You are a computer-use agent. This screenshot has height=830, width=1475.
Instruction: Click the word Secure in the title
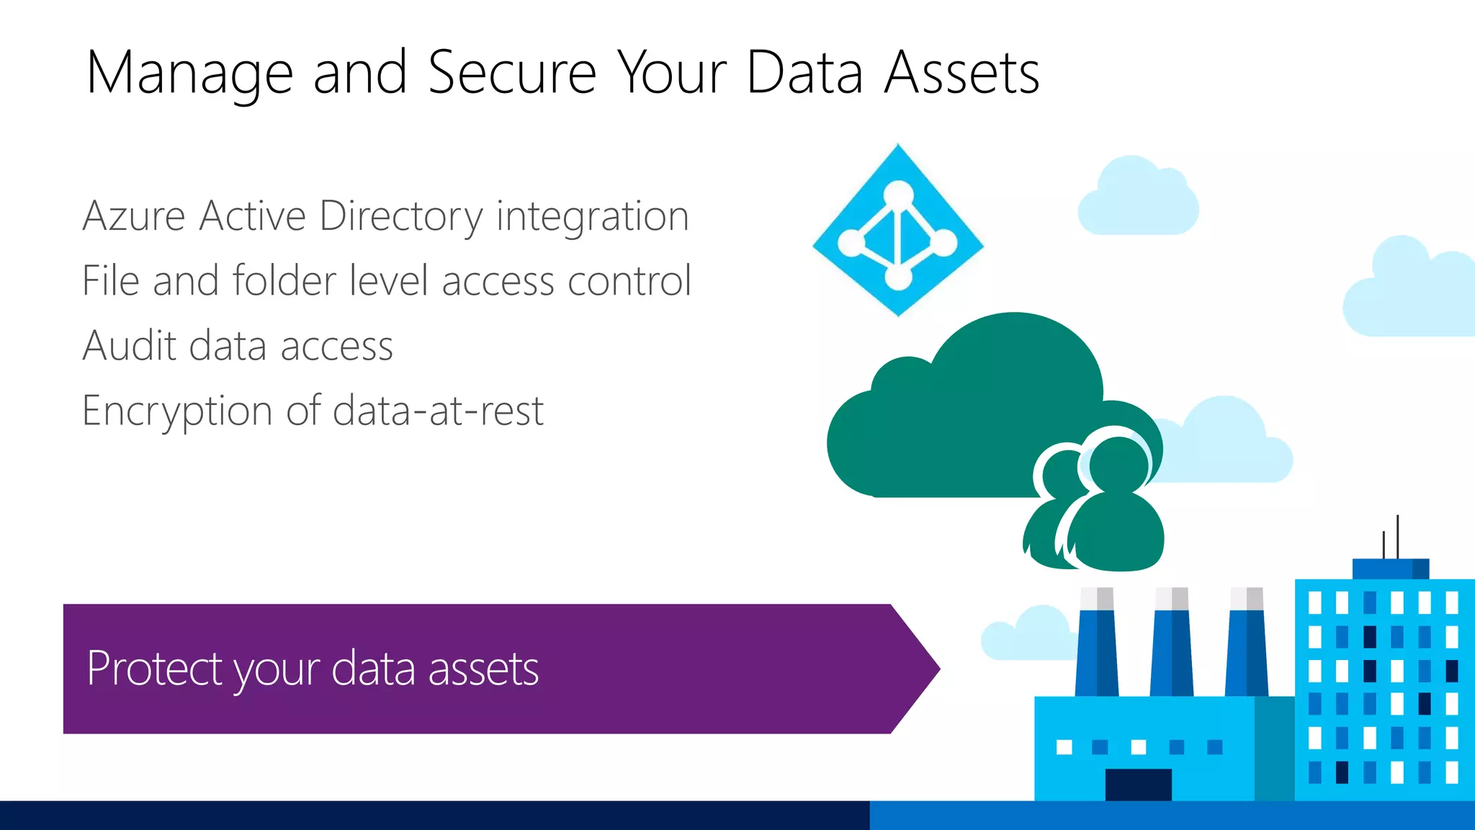(512, 73)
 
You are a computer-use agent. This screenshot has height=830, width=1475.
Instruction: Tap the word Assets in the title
(961, 73)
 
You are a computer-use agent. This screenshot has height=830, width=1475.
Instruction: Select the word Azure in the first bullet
(134, 216)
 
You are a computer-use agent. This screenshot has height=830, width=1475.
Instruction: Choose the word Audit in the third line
(129, 346)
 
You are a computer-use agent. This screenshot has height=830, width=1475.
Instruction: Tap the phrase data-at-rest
(438, 411)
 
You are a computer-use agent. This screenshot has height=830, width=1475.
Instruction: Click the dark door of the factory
(1138, 785)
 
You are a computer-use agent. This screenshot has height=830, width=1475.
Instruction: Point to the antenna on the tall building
(1396, 537)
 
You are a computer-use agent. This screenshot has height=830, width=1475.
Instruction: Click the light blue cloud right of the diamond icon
(1138, 198)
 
